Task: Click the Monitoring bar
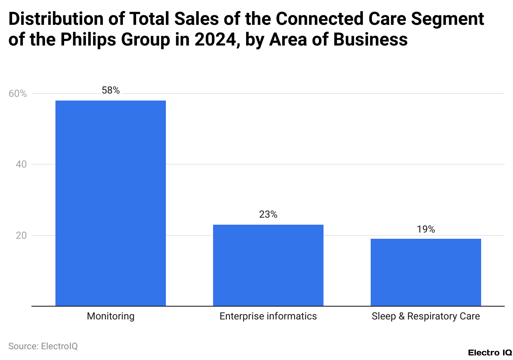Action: (x=110, y=203)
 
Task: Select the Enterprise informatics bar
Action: (x=268, y=265)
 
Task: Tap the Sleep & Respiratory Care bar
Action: (x=426, y=272)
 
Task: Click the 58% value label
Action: (x=110, y=90)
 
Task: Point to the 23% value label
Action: (x=268, y=214)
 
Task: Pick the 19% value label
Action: (x=426, y=229)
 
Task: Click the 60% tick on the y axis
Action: (x=17, y=94)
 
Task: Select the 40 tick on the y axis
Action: (x=21, y=165)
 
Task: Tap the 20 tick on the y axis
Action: (x=21, y=235)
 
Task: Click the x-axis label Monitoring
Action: (x=110, y=317)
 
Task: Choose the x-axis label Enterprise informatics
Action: (x=268, y=317)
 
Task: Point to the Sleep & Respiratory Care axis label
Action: (x=426, y=317)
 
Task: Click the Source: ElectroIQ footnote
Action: (x=43, y=346)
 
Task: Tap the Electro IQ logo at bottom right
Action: (x=490, y=353)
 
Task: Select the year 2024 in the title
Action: (x=213, y=40)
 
